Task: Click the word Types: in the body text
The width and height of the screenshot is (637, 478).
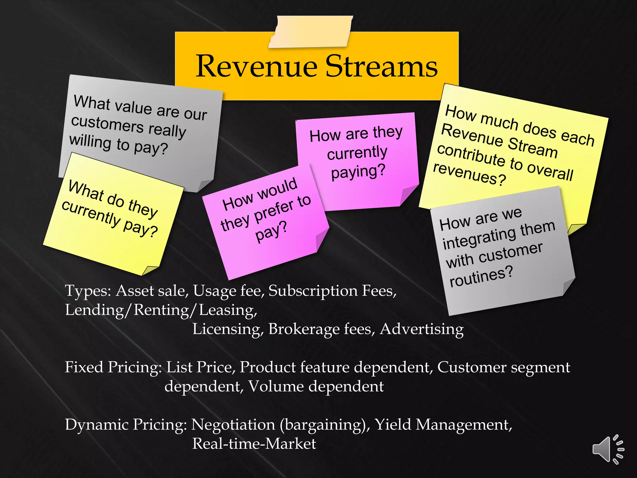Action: pos(88,291)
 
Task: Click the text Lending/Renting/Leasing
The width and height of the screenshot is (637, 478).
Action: pos(161,310)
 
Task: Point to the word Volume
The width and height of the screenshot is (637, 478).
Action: pos(276,387)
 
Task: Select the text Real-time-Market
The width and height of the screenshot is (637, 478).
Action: pos(254,444)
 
